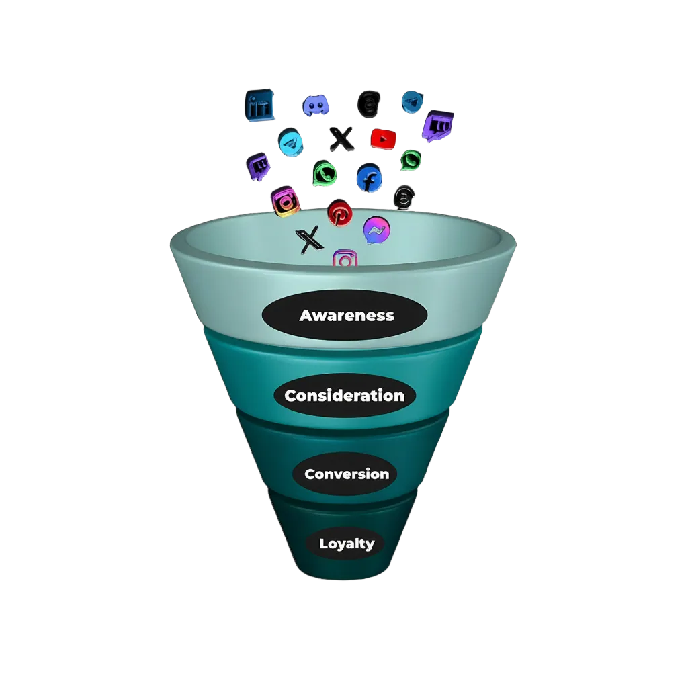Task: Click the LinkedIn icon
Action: click(x=261, y=106)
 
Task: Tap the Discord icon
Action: click(x=315, y=105)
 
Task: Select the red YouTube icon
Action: click(x=383, y=138)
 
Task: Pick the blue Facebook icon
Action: click(x=369, y=179)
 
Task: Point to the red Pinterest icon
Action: click(x=340, y=214)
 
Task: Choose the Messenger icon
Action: click(x=376, y=230)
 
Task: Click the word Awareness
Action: click(x=347, y=315)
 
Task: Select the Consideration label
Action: click(x=344, y=396)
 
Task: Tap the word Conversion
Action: click(x=346, y=474)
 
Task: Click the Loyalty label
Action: click(x=346, y=544)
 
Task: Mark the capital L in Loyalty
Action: click(x=323, y=543)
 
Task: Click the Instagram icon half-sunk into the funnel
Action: click(x=345, y=259)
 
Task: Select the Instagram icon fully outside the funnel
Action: click(x=286, y=201)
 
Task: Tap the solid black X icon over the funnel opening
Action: click(x=308, y=239)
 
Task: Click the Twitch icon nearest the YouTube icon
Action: click(x=437, y=128)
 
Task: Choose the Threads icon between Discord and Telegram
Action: click(x=368, y=104)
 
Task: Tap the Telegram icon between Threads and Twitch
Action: click(x=413, y=102)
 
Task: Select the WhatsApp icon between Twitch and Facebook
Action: click(x=325, y=175)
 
